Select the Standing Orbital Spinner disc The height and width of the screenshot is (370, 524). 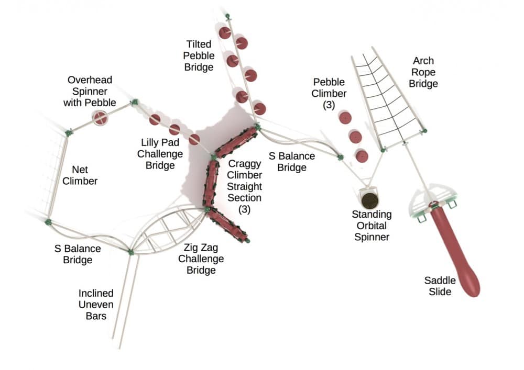coord(371,199)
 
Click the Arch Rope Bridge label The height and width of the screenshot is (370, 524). coord(423,72)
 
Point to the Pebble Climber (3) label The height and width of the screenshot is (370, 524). coord(329,94)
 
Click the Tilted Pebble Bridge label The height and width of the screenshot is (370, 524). coord(199,56)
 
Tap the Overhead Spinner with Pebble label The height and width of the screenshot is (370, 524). coord(90,91)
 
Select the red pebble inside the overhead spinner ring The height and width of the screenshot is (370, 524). coord(100,118)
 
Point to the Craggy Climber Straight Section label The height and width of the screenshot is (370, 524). coord(245,186)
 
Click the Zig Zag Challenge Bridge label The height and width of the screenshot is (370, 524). coord(201,259)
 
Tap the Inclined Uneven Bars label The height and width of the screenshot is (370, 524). coord(96,305)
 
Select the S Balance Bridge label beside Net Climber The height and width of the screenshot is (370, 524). coord(78,254)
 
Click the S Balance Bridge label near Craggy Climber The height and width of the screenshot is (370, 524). coord(292,162)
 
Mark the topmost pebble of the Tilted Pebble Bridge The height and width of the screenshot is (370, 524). coord(225,33)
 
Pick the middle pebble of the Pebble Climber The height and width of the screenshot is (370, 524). coord(355,137)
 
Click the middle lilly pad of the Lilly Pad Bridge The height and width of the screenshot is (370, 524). coord(174,129)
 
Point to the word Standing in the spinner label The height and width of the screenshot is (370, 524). coord(372,215)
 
